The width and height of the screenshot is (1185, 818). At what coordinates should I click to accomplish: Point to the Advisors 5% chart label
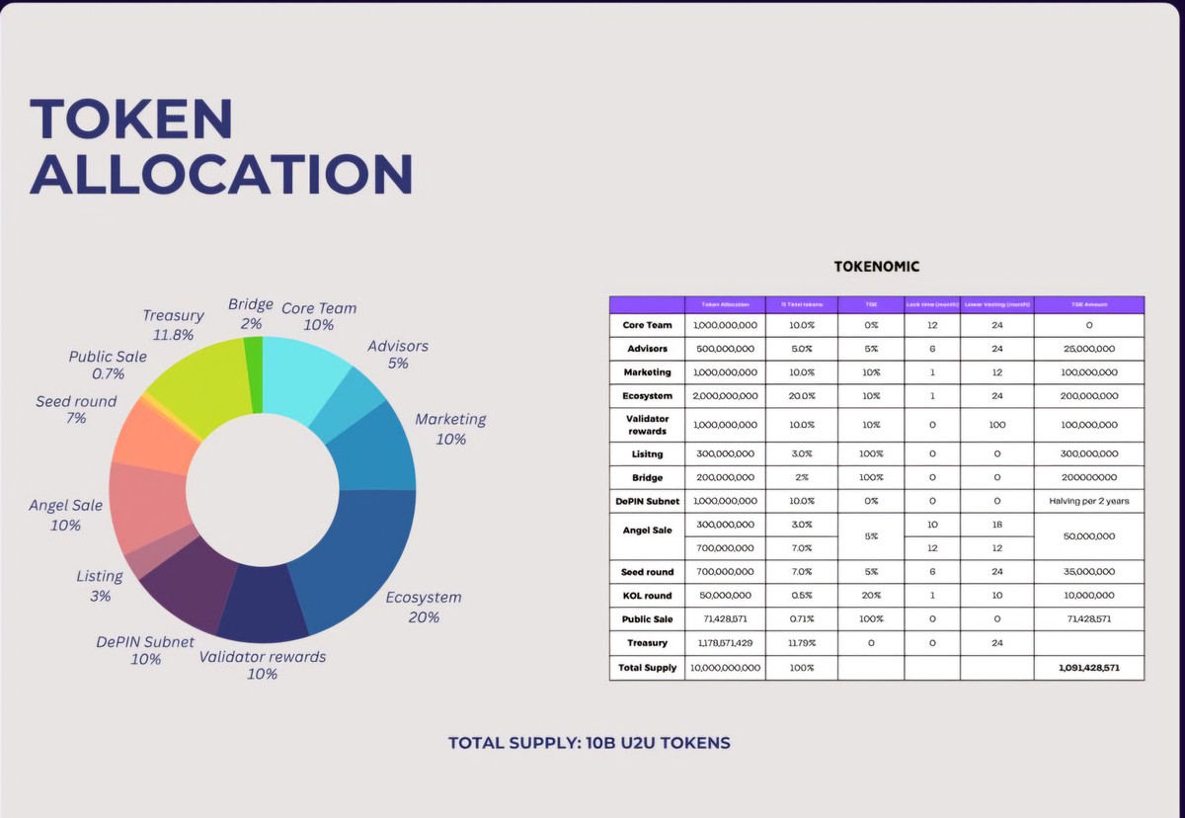(398, 355)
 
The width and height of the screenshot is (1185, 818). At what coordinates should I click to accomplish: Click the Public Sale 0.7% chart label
(108, 365)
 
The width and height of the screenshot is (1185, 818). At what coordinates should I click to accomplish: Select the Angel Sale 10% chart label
(65, 515)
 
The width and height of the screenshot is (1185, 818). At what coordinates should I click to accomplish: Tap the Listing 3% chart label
(100, 586)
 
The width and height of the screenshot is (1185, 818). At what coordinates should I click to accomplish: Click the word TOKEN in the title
(131, 119)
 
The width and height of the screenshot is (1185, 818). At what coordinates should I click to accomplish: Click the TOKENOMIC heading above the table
(877, 267)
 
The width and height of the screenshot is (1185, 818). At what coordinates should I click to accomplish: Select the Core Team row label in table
(647, 325)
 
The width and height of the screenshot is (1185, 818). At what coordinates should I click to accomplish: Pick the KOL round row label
(647, 596)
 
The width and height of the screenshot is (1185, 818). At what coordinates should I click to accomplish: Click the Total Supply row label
(647, 668)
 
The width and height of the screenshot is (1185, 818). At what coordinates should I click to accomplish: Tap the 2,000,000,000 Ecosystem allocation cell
(725, 396)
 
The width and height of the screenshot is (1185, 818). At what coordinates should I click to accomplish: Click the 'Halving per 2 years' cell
(1089, 501)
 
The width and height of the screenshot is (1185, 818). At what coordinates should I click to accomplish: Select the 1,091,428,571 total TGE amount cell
(1089, 668)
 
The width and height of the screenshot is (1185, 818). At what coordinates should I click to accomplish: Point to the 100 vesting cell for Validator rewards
(996, 425)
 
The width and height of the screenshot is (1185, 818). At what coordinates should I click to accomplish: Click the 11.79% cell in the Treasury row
(801, 643)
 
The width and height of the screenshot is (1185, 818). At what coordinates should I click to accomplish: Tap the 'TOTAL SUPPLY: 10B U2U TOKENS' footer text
(590, 742)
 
